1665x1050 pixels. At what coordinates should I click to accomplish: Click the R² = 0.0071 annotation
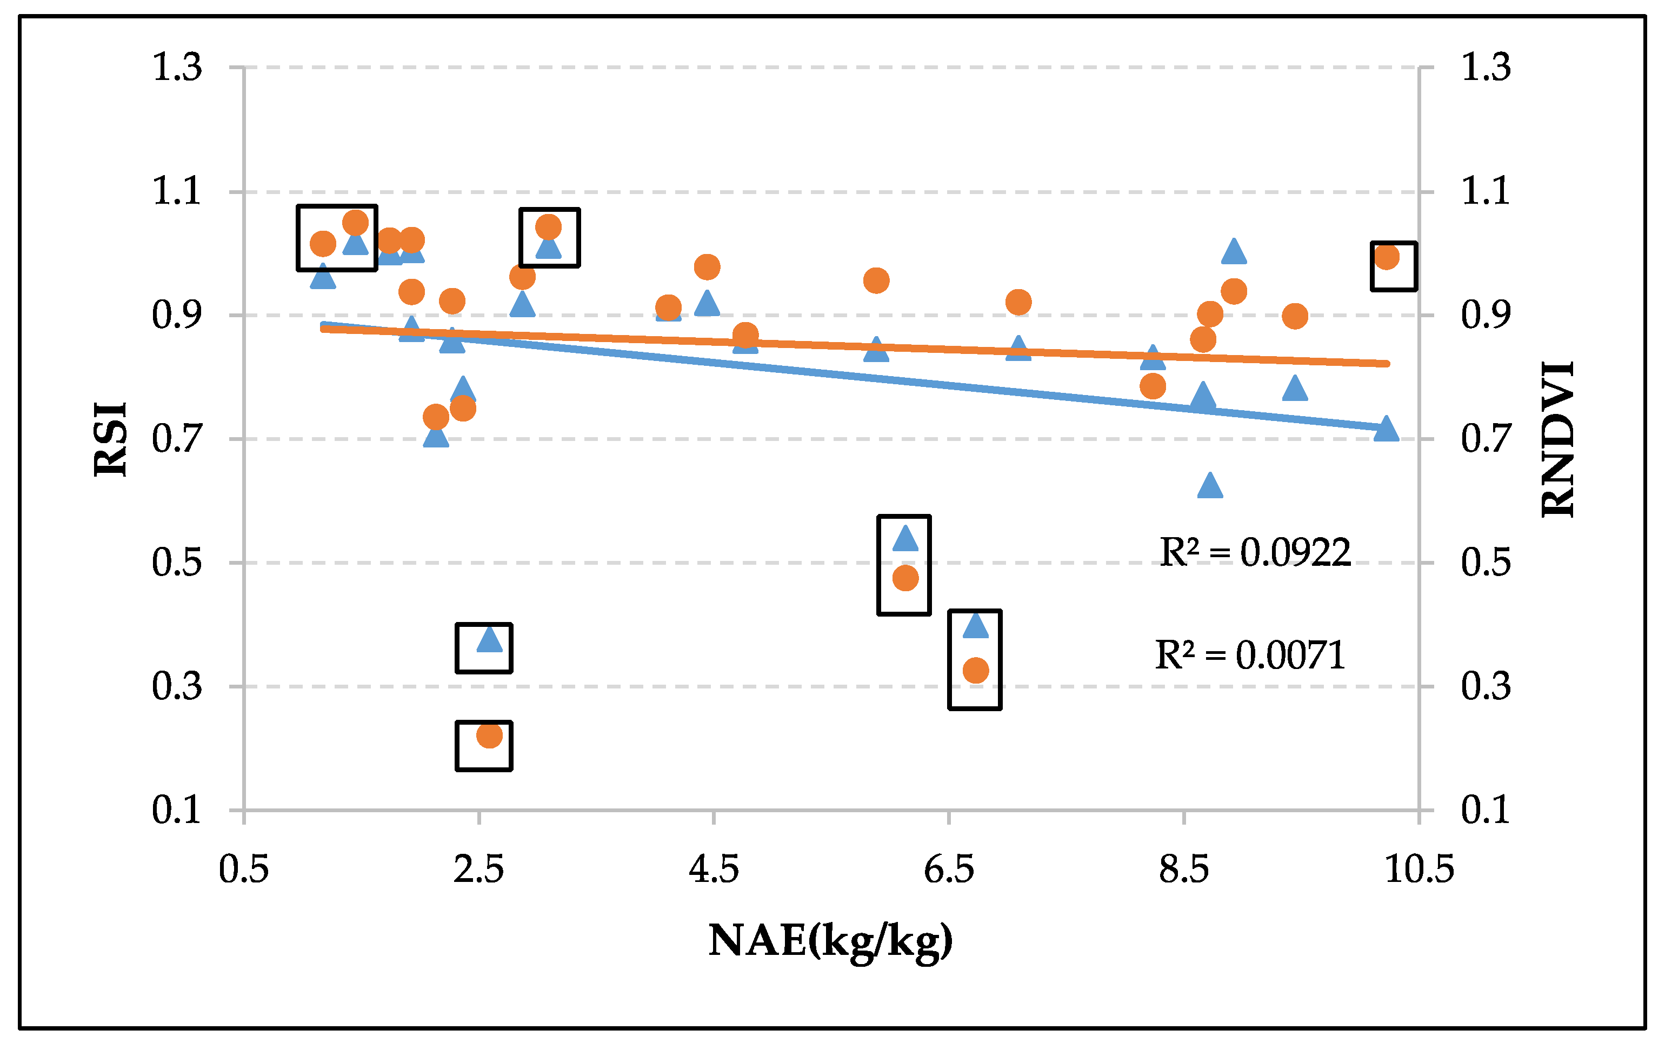pos(1250,656)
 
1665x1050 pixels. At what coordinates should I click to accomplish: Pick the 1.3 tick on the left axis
pos(177,67)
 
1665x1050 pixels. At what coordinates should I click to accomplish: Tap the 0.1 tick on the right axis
pos(1485,810)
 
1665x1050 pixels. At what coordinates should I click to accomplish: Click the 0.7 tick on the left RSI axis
pos(177,439)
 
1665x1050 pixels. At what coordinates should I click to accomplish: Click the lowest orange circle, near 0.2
pos(489,735)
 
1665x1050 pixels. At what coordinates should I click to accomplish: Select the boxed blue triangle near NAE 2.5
pos(489,640)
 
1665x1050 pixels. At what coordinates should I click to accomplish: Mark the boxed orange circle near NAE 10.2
pos(1387,257)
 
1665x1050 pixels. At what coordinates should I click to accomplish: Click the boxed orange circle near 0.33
pos(975,670)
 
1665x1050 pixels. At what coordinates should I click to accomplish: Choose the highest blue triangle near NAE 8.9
pos(1234,252)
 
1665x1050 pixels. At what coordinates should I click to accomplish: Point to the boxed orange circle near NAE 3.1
pos(548,227)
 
